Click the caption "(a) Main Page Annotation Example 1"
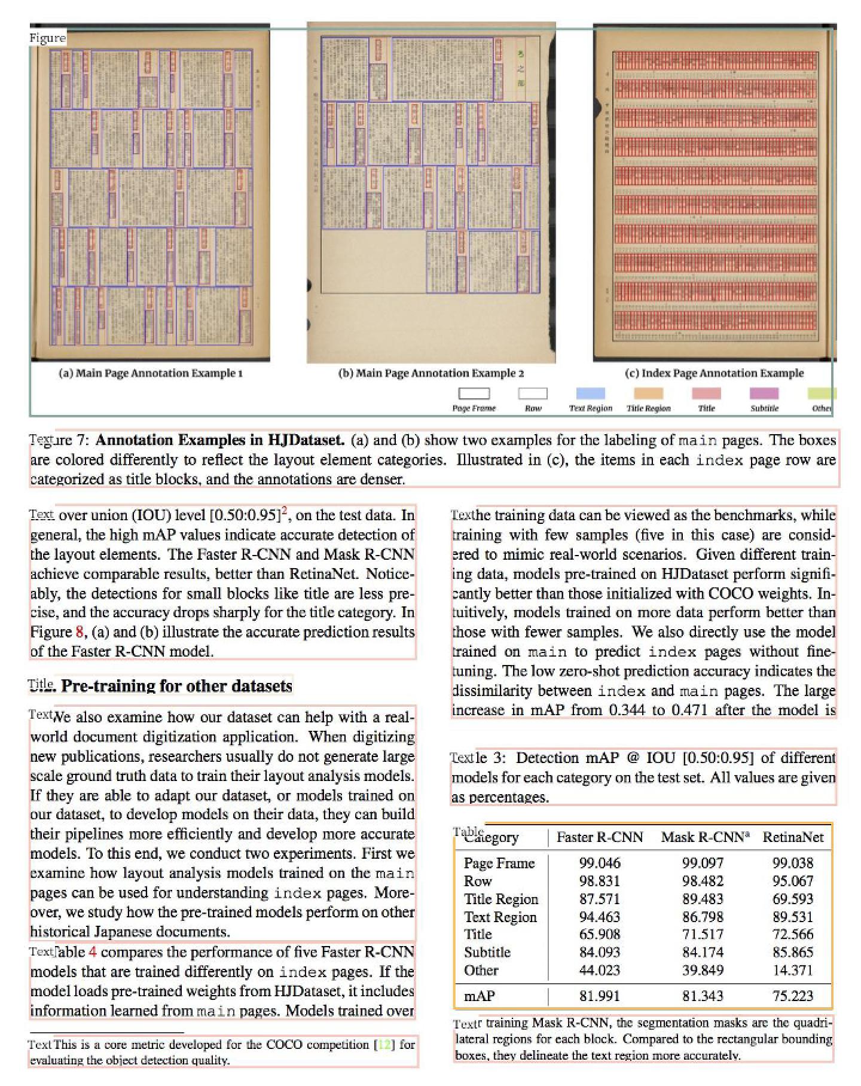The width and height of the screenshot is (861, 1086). pyautogui.click(x=150, y=373)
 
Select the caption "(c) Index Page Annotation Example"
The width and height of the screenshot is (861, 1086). pyautogui.click(x=714, y=373)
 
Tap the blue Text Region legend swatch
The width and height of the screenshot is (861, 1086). pyautogui.click(x=590, y=393)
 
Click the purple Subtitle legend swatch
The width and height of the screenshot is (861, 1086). pyautogui.click(x=764, y=393)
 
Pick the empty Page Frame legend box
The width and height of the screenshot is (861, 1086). pyautogui.click(x=474, y=393)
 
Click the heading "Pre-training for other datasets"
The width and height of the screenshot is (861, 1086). pyautogui.click(x=176, y=685)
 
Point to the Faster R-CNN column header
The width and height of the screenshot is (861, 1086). pyautogui.click(x=600, y=837)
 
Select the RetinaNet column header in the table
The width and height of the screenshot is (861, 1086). pyautogui.click(x=793, y=837)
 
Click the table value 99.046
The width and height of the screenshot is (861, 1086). pyautogui.click(x=600, y=863)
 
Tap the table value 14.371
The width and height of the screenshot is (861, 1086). pyautogui.click(x=793, y=970)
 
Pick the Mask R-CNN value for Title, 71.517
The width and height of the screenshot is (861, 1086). pyautogui.click(x=703, y=934)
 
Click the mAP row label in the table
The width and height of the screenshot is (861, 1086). pyautogui.click(x=480, y=996)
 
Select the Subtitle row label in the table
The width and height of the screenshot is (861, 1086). pyautogui.click(x=487, y=952)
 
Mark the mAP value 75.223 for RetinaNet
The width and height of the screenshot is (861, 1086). pyautogui.click(x=793, y=996)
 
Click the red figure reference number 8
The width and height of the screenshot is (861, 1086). pyautogui.click(x=80, y=632)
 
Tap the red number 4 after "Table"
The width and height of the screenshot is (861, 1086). pyautogui.click(x=93, y=951)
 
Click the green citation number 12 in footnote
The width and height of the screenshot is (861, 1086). pyautogui.click(x=384, y=1045)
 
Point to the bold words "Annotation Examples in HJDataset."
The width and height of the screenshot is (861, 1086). pyautogui.click(x=220, y=440)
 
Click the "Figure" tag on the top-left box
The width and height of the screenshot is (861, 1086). pyautogui.click(x=47, y=38)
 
